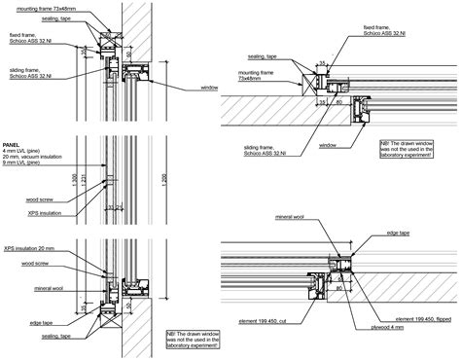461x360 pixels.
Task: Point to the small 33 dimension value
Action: [x=113, y=207]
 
